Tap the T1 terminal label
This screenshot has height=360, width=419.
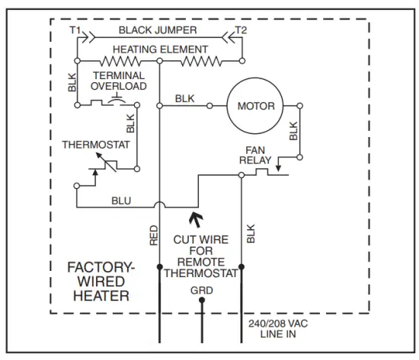tap(75, 30)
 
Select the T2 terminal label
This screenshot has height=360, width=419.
tap(242, 30)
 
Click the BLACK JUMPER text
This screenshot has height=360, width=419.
tap(158, 31)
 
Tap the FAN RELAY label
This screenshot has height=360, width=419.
tap(254, 155)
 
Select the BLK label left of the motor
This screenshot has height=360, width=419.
tap(184, 98)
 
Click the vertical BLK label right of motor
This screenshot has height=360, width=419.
tap(293, 131)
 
